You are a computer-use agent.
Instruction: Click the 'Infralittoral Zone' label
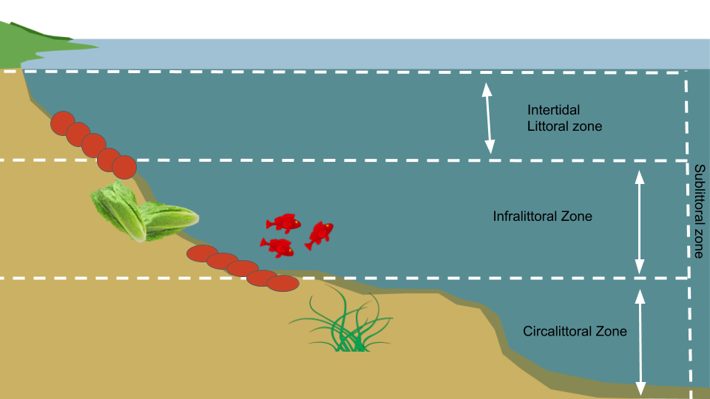coord(543,217)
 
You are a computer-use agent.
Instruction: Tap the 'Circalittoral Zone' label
coord(575,331)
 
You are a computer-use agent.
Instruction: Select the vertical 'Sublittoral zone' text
coord(699,211)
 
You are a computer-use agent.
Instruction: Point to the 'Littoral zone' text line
coord(564,126)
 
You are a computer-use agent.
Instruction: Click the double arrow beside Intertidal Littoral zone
coord(487,118)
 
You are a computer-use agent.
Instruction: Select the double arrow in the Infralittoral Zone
coord(640,219)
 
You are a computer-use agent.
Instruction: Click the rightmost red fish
coord(319,233)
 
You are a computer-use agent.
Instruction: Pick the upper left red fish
coord(284,222)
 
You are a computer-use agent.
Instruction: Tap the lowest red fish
coord(277,248)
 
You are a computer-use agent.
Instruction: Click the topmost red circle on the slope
coord(63,123)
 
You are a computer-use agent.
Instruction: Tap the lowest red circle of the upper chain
coord(124,167)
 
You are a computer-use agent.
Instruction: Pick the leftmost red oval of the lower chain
coord(200,253)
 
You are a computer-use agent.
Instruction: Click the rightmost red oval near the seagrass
coord(283,283)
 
